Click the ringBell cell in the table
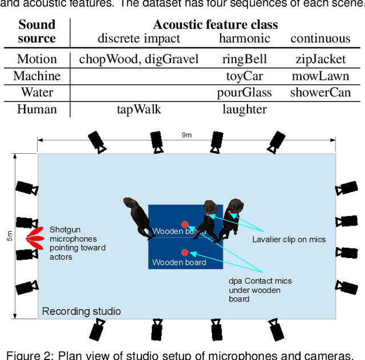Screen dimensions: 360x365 [244, 59]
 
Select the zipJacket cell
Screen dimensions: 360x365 [321, 59]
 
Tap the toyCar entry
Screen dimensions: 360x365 [244, 76]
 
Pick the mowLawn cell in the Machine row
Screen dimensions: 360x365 [321, 76]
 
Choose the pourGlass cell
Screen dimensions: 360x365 [244, 92]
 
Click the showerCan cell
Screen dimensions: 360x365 [321, 92]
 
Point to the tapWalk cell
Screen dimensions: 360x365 [139, 109]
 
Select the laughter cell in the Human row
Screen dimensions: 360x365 [244, 109]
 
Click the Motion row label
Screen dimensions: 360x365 [37, 59]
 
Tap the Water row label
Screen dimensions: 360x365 [37, 92]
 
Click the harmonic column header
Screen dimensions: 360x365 [244, 39]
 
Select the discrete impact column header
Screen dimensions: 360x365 [139, 39]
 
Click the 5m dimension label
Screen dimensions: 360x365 [10, 235]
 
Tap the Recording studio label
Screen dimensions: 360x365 [82, 311]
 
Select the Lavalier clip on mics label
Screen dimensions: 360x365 [289, 239]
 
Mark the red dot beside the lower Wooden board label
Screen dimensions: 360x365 [185, 252]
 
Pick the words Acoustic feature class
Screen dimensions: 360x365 [215, 25]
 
